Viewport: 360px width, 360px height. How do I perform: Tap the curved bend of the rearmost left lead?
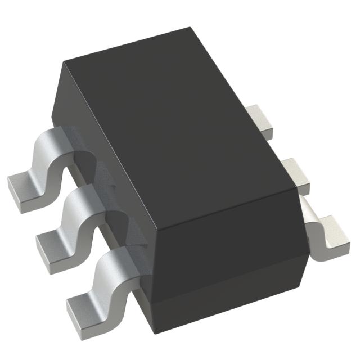coord(49,152)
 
